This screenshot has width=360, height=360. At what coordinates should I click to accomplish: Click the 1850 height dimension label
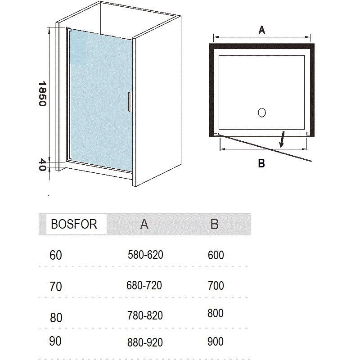click(42, 94)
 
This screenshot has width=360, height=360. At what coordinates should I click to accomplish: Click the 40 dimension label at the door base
click(42, 165)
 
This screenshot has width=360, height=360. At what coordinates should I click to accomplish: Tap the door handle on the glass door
click(129, 102)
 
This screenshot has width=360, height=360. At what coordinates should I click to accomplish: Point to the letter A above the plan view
click(262, 30)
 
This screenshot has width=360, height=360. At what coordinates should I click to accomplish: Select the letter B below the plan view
click(261, 163)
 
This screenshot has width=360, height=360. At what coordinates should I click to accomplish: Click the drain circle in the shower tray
click(262, 112)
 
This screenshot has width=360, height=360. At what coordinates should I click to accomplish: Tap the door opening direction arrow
click(282, 139)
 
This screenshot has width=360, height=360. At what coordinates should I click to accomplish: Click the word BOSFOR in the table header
click(74, 224)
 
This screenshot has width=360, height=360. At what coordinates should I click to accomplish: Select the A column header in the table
click(144, 224)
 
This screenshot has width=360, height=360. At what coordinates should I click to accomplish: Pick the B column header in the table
click(215, 224)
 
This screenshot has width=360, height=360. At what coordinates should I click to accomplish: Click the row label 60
click(56, 255)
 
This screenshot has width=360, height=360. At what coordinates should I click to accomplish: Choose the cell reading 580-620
click(145, 255)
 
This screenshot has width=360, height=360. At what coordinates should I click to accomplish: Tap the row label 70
click(56, 287)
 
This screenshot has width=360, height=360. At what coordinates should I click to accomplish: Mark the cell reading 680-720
click(144, 285)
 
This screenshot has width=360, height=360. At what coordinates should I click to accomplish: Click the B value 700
click(216, 286)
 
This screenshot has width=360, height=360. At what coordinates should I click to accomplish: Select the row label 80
click(56, 318)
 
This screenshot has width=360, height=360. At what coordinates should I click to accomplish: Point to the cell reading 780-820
click(145, 315)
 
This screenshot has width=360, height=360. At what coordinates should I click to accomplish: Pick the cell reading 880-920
click(145, 342)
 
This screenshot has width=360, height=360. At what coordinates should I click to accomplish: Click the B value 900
click(216, 342)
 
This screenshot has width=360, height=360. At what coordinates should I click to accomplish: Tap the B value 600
click(216, 255)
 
